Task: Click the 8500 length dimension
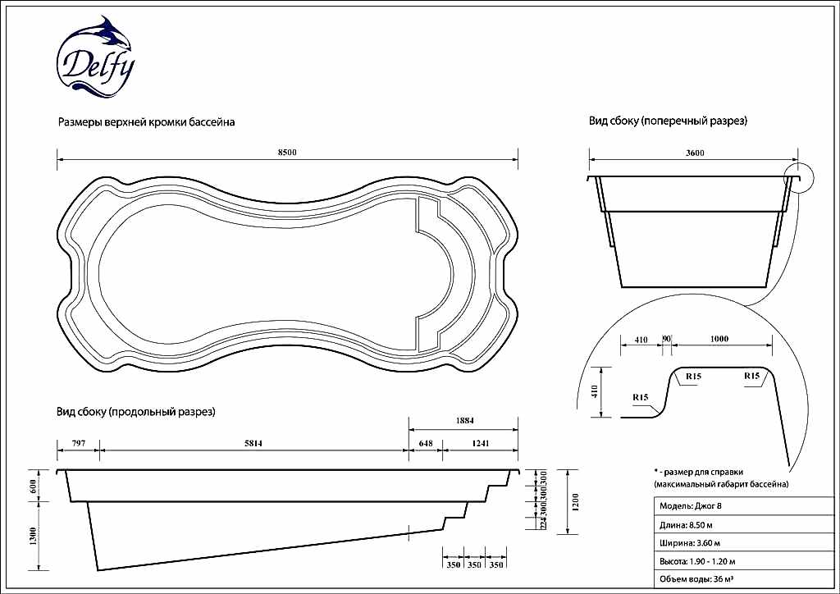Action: pyautogui.click(x=286, y=153)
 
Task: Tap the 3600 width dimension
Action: pyautogui.click(x=695, y=153)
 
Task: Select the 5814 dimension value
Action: pyautogui.click(x=253, y=444)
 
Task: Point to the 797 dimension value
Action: pyautogui.click(x=78, y=444)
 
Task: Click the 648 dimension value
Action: pyautogui.click(x=425, y=444)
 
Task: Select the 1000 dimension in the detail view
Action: pyautogui.click(x=719, y=338)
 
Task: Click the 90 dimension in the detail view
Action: pyautogui.click(x=666, y=338)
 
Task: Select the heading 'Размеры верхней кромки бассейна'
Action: pyautogui.click(x=146, y=122)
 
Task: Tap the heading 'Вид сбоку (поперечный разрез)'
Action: pyautogui.click(x=668, y=121)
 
